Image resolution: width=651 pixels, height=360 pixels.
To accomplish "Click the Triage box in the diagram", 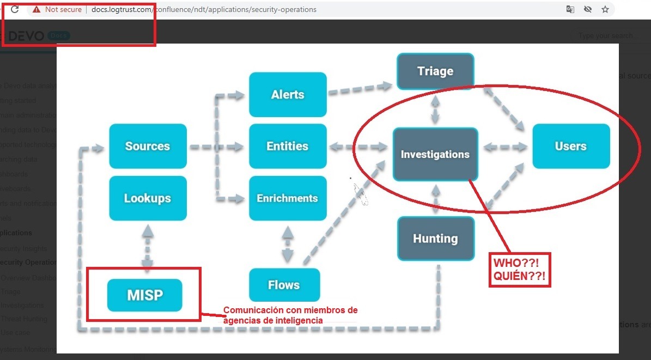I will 435,71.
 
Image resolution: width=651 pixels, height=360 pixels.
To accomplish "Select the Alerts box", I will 288,95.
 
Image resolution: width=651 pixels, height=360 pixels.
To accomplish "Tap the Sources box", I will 148,146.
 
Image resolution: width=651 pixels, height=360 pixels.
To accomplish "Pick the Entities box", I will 288,146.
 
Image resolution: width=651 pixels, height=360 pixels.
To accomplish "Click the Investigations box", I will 435,154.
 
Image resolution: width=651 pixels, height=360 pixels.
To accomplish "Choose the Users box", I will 570,146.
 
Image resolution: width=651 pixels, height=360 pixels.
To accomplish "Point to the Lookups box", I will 148,198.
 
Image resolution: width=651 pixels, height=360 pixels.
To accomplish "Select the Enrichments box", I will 288,198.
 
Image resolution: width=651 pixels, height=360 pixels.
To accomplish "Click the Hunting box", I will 435,239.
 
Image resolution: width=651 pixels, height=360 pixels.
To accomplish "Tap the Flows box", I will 284,285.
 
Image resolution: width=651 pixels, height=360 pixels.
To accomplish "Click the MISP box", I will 145,295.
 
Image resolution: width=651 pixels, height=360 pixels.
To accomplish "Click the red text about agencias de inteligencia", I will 290,315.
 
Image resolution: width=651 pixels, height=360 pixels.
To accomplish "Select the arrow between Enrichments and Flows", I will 287,244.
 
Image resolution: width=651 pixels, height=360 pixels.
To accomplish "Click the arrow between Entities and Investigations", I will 360,147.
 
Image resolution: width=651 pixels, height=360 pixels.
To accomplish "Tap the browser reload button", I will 15,9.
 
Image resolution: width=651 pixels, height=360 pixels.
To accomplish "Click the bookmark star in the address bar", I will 605,9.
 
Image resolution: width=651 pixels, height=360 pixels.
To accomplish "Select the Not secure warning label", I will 57,9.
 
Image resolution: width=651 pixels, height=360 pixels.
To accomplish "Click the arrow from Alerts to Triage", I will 361,89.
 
